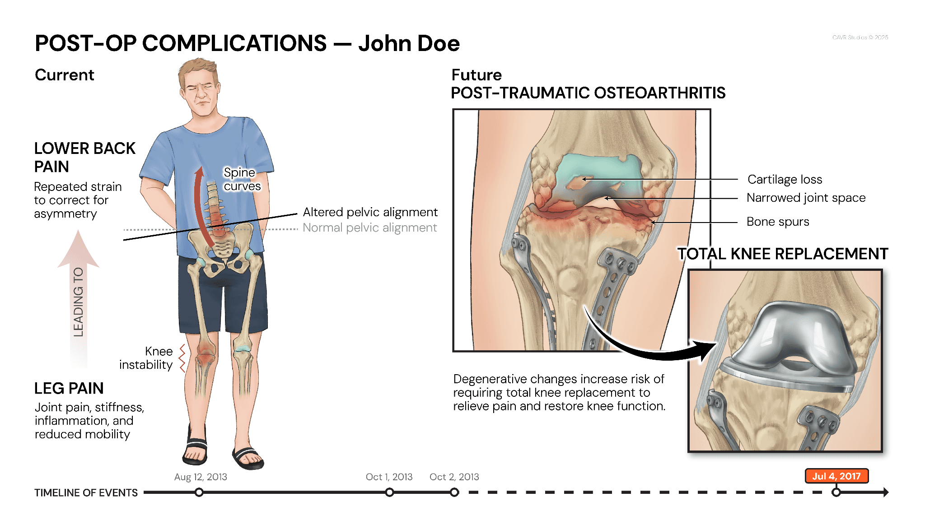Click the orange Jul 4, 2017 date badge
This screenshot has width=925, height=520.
pyautogui.click(x=836, y=476)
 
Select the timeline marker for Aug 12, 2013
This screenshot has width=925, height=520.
pyautogui.click(x=199, y=492)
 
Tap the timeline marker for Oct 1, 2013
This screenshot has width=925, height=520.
pyautogui.click(x=389, y=492)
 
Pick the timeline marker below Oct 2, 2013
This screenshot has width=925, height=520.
pyautogui.click(x=454, y=492)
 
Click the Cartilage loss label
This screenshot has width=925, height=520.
pyautogui.click(x=785, y=180)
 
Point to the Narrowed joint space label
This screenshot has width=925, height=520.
pyautogui.click(x=806, y=198)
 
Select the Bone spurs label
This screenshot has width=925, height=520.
pyautogui.click(x=777, y=222)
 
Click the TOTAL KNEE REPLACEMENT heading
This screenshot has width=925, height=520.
pyautogui.click(x=782, y=254)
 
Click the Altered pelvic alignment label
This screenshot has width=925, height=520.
pyautogui.click(x=370, y=212)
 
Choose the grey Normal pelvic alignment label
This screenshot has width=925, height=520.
pyautogui.click(x=369, y=227)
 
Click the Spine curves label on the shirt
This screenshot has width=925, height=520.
pyautogui.click(x=242, y=179)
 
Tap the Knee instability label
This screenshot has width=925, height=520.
pyautogui.click(x=146, y=358)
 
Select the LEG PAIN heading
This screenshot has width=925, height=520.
pyautogui.click(x=69, y=388)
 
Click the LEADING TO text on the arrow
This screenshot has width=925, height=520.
pyautogui.click(x=79, y=302)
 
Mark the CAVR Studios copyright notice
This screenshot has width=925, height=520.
pyautogui.click(x=860, y=37)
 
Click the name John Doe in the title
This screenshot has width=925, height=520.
pyautogui.click(x=409, y=44)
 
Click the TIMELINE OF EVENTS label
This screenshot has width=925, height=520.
pyautogui.click(x=86, y=492)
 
